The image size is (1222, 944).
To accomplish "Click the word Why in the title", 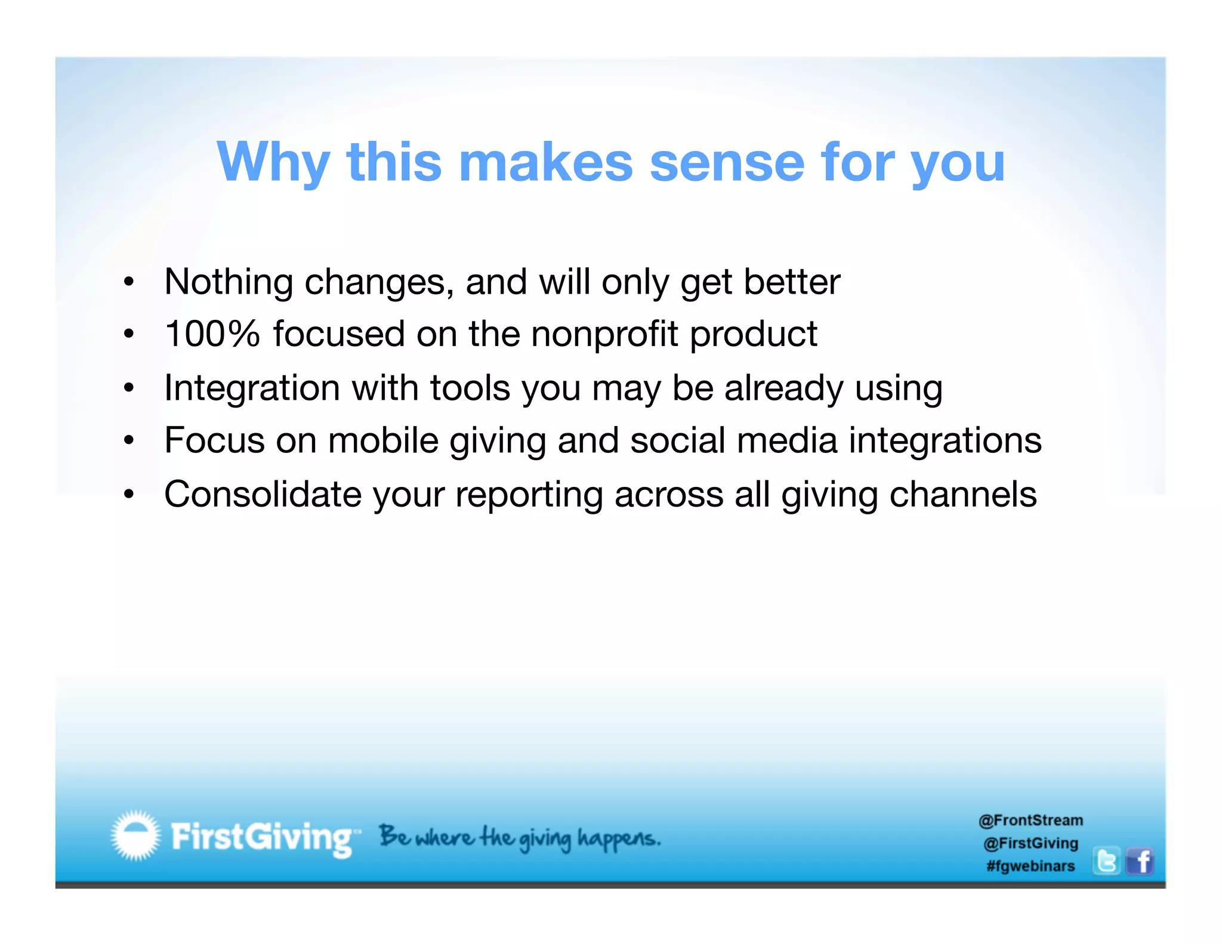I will coord(273,162).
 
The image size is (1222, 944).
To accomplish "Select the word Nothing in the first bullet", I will coord(228,282).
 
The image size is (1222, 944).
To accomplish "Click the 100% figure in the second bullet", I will coord(212,334).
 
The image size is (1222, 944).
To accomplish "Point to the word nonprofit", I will coord(604,334).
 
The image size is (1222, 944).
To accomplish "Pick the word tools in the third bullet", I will coord(470,388).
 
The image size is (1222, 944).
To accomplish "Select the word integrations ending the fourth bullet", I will coord(945,440).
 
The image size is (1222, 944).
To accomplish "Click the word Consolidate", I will coord(263,494).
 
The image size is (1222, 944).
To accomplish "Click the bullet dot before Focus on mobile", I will coord(129,441).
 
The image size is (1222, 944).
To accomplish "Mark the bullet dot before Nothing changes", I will coord(129,282).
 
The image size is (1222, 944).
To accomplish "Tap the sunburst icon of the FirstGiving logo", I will coord(136,835).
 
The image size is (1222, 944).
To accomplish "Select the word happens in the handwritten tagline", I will coord(618,838).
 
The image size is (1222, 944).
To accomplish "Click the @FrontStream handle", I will coord(1030,820).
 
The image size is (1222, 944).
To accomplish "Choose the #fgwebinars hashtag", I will coord(1030,866).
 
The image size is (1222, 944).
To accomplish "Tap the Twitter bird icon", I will coord(1106,862).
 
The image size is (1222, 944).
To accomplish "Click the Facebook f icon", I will coord(1140,862).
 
